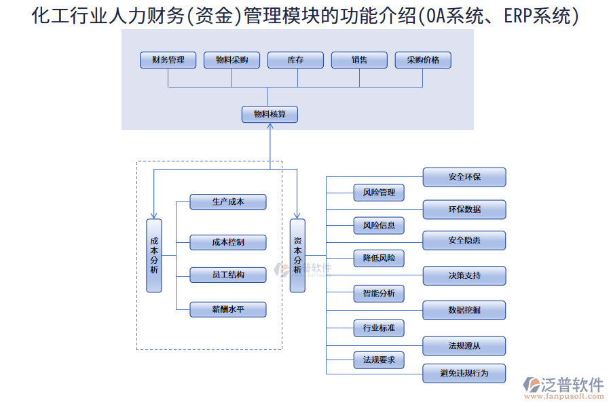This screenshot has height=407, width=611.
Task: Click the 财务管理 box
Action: click(x=168, y=60)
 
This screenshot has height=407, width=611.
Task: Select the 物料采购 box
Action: click(x=232, y=60)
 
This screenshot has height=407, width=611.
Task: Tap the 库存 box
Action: click(x=295, y=60)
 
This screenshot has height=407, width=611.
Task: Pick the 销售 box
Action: click(x=359, y=60)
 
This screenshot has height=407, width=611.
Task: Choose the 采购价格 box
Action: click(x=423, y=60)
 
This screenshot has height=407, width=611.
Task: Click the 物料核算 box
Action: click(x=270, y=115)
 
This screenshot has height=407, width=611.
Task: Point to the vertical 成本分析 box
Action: click(x=154, y=256)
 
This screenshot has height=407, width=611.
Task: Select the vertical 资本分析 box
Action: click(x=297, y=256)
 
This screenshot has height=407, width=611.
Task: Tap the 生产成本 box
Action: click(x=227, y=201)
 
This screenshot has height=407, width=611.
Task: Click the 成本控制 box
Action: click(x=227, y=242)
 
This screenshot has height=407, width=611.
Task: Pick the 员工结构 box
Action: click(x=227, y=275)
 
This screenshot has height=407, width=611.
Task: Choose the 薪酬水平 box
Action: click(x=227, y=309)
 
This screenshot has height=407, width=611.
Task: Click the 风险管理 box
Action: click(x=379, y=193)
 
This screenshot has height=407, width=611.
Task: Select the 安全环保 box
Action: click(x=464, y=177)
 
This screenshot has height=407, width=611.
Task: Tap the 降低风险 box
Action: click(x=379, y=258)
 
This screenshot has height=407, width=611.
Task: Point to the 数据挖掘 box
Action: click(x=464, y=310)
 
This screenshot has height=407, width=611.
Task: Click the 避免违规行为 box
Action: click(x=464, y=373)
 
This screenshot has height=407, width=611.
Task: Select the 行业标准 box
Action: click(x=379, y=328)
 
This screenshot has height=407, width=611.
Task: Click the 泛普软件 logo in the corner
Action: click(x=563, y=387)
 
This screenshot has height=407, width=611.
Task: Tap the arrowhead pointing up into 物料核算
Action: click(x=270, y=127)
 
